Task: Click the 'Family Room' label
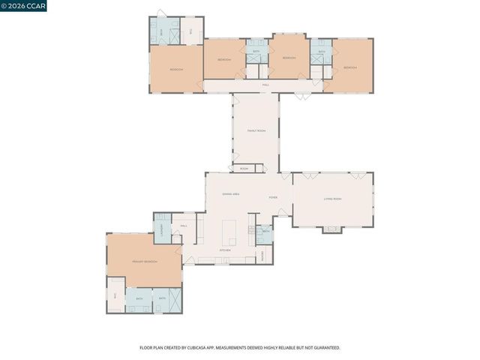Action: [256, 130]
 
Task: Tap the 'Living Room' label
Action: [332, 199]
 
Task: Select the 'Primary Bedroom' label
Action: [144, 261]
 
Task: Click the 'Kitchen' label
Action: [224, 250]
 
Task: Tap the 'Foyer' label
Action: [274, 198]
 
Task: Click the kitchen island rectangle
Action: [228, 232]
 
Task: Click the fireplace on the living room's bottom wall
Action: [332, 229]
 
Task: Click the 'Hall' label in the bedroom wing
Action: [265, 85]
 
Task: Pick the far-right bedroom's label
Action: [349, 67]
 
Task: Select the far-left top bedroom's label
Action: [176, 69]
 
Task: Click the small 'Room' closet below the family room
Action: [244, 169]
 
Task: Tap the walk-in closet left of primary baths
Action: [115, 295]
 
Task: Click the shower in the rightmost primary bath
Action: [173, 298]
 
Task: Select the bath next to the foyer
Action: [265, 231]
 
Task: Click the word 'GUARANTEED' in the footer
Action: [325, 348]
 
